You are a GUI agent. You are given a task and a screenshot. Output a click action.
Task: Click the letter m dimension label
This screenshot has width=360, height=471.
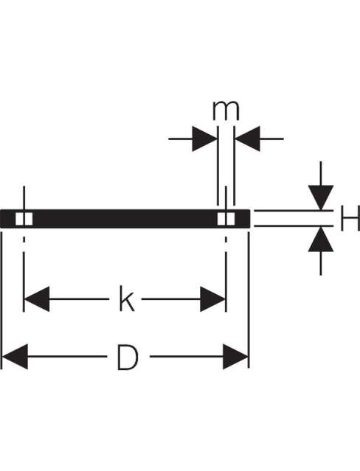(x=226, y=111)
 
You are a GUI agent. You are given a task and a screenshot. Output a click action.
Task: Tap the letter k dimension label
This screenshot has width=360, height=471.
(x=127, y=299)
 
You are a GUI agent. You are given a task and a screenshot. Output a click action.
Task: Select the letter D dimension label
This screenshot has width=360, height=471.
(x=128, y=357)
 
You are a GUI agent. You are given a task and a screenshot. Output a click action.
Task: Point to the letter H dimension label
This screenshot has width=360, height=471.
(x=350, y=218)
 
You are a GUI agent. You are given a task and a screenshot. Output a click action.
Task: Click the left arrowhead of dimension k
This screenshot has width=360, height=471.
(x=36, y=299)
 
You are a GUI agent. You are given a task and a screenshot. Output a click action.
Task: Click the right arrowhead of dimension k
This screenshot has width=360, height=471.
(x=212, y=299)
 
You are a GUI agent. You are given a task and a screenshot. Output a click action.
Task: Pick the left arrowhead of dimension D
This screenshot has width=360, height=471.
(x=15, y=357)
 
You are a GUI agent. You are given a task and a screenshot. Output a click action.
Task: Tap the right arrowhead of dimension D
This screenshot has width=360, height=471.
(x=235, y=357)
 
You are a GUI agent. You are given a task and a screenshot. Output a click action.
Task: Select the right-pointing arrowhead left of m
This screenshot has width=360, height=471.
(x=204, y=139)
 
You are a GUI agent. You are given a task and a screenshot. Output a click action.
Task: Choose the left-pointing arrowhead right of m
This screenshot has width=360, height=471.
(x=247, y=139)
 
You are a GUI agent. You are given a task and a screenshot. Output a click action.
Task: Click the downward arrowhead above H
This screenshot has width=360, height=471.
(x=321, y=198)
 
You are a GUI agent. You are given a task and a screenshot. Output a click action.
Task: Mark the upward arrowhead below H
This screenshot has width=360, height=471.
(x=321, y=239)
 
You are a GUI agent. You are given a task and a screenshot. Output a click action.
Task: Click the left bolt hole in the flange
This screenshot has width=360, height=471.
(x=24, y=219)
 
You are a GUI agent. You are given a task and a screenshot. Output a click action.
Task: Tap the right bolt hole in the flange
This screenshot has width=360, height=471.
(x=226, y=219)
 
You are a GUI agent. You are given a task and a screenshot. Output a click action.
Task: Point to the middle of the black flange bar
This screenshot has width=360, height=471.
(x=125, y=219)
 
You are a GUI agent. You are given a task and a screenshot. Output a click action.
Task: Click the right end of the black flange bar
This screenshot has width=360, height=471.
(x=249, y=219)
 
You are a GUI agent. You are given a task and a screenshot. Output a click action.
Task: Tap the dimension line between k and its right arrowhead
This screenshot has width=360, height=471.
(x=171, y=299)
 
